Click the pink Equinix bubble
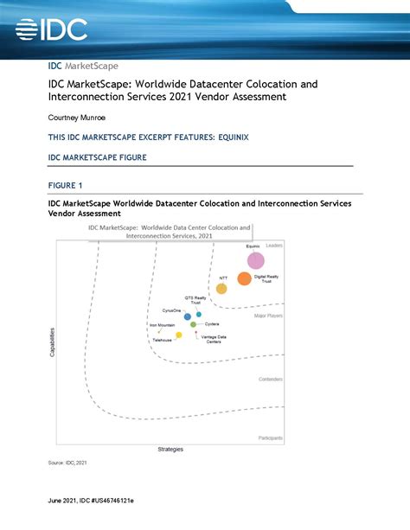[x=255, y=259]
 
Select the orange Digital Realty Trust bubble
[x=245, y=278]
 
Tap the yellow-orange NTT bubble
[x=221, y=289]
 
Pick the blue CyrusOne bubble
[x=188, y=316]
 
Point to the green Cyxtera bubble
[x=193, y=325]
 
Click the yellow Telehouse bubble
[x=179, y=335]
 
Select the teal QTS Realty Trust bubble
[x=199, y=315]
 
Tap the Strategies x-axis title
[x=170, y=450]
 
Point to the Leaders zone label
[x=274, y=246]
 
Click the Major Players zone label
[x=269, y=316]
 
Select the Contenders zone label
[x=272, y=380]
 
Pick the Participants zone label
[x=271, y=438]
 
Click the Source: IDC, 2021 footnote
[x=67, y=463]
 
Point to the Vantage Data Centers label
[x=215, y=339]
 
